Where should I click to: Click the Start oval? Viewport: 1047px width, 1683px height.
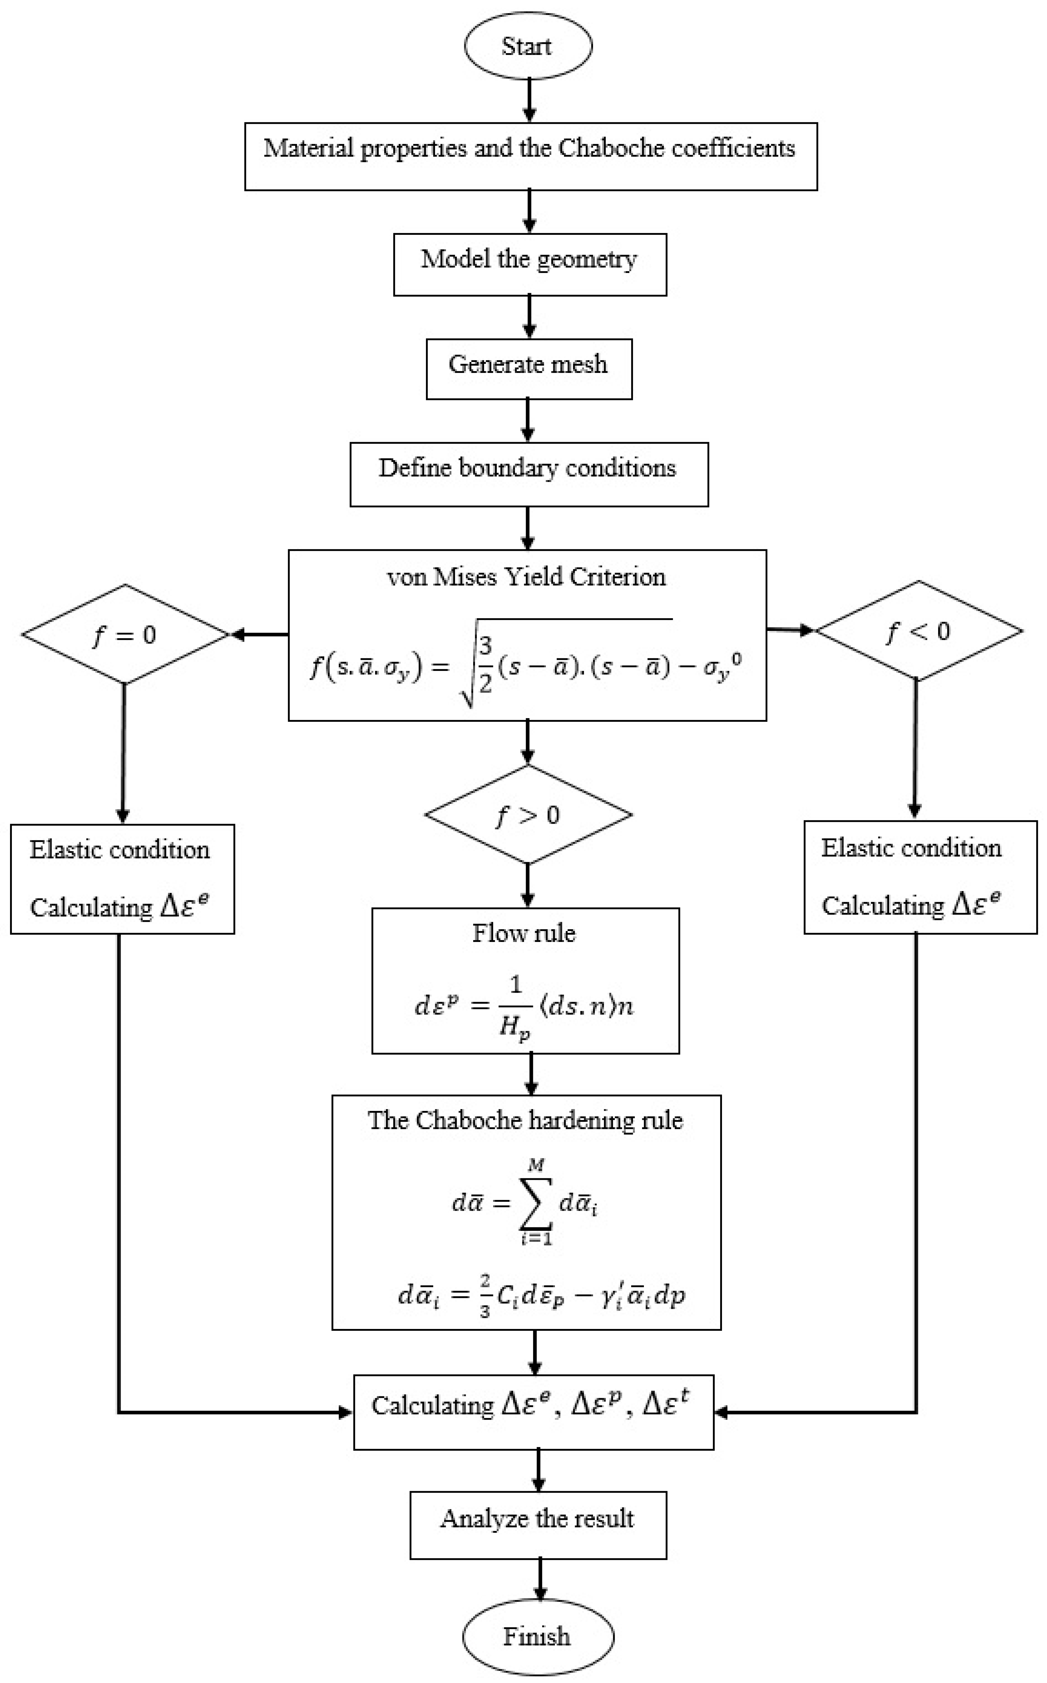528,46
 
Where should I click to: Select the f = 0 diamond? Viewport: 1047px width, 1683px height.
125,634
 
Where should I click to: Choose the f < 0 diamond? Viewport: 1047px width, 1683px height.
918,631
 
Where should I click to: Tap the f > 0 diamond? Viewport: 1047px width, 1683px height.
528,815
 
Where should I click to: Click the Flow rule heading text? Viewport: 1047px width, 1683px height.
524,933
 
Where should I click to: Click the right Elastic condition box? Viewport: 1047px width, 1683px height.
920,877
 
